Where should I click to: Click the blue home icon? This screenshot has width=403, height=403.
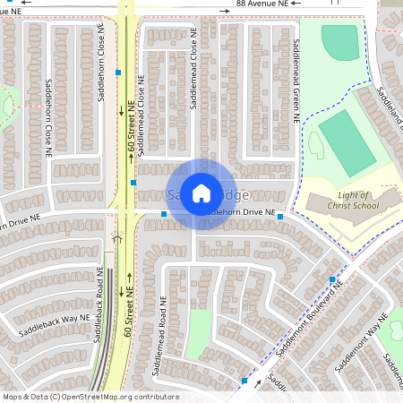pos(201,193)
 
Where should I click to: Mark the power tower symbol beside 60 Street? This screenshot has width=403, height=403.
pos(116,238)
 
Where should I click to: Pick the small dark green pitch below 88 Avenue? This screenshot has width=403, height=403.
pos(339,42)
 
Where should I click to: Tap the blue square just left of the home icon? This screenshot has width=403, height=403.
pos(163,214)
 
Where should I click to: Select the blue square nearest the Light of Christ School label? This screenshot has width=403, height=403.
pos(280,217)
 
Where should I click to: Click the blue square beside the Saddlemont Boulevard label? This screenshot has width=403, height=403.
pos(331,280)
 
